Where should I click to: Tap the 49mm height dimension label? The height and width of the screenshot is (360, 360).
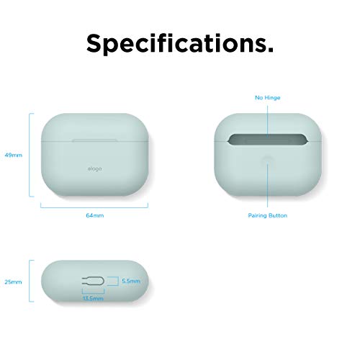[12, 155]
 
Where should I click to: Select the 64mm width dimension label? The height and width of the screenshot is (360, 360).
[95, 215]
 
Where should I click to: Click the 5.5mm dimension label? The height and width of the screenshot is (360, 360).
[130, 280]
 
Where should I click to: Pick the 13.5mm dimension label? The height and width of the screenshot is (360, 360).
[93, 297]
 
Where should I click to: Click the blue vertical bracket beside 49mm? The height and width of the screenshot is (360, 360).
[30, 155]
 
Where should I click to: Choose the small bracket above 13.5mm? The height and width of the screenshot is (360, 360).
[93, 290]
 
